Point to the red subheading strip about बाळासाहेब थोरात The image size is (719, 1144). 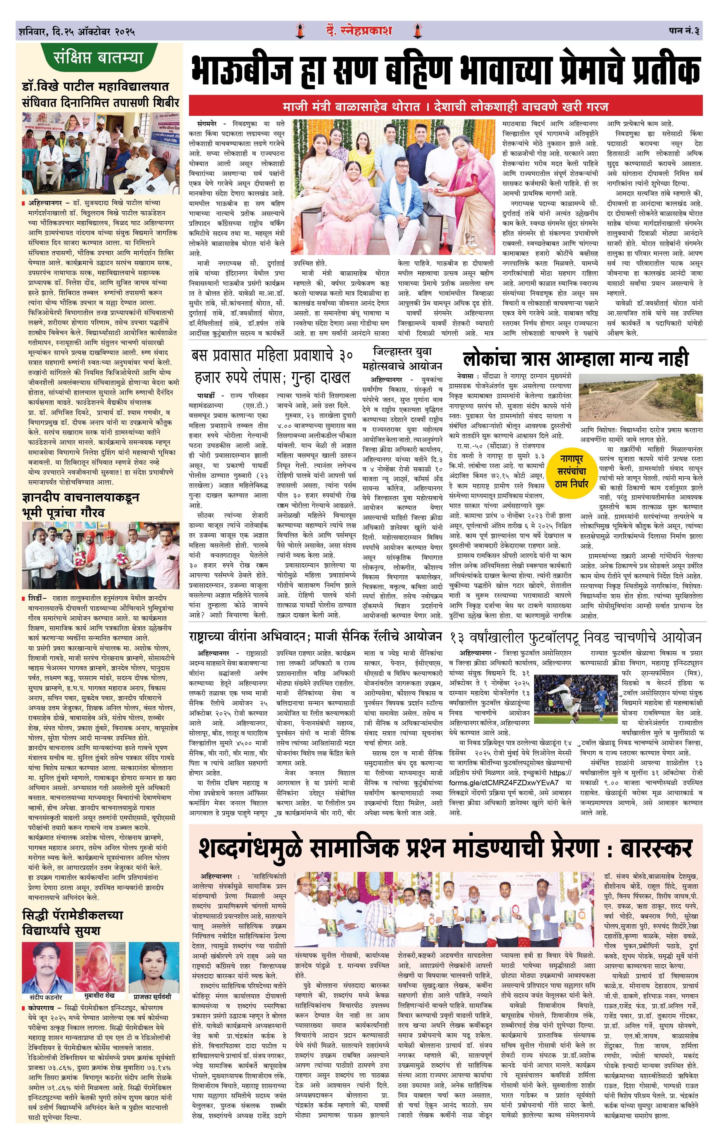click(x=445, y=106)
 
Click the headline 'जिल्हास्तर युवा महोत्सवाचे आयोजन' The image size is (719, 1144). click(x=402, y=358)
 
